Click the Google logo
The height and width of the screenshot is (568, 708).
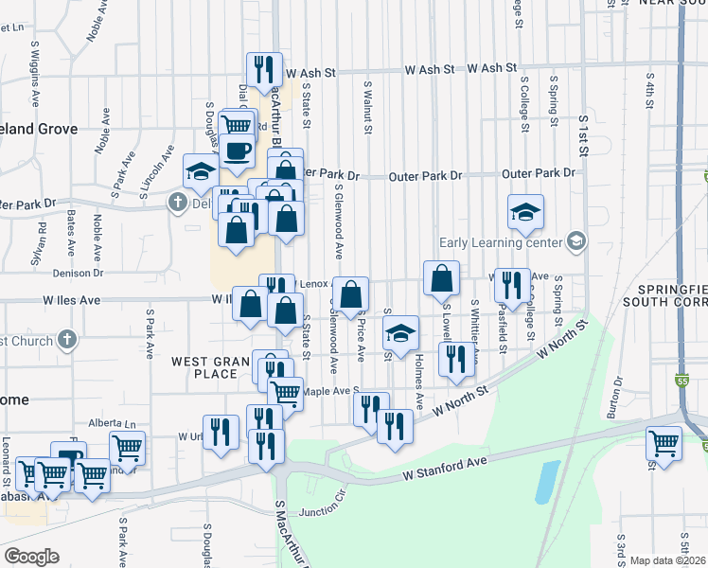pos(30,557)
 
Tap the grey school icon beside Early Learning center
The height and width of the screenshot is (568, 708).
pos(575,241)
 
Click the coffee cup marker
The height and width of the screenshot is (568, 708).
pos(238,151)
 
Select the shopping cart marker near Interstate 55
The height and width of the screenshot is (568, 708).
pos(664,443)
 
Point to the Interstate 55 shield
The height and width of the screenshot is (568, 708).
pos(682,381)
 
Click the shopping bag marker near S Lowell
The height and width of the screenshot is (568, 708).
pos(442,278)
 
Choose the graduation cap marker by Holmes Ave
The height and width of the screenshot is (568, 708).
pos(401,332)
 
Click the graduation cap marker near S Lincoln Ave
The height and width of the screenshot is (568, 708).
pos(201,170)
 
